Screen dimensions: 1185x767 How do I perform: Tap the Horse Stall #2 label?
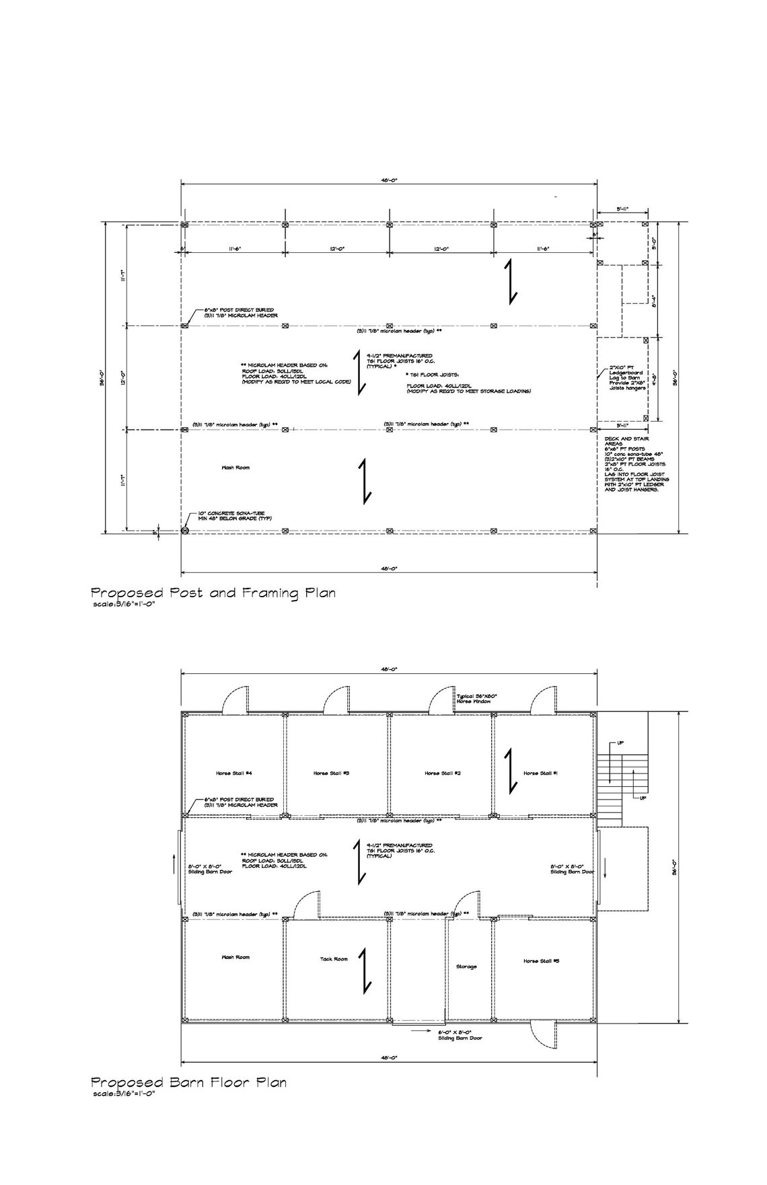tap(442, 773)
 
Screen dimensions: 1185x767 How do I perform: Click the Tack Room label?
tap(334, 958)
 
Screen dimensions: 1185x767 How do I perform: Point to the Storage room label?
tap(466, 966)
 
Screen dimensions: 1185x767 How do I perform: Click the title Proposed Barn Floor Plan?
tap(188, 1102)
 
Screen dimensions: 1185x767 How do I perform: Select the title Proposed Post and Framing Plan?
tap(213, 593)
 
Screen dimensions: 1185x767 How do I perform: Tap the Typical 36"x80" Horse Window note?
tap(477, 699)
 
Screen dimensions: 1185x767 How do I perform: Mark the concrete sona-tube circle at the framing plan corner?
tap(185, 531)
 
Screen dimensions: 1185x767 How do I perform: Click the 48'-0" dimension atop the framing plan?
tap(389, 180)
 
